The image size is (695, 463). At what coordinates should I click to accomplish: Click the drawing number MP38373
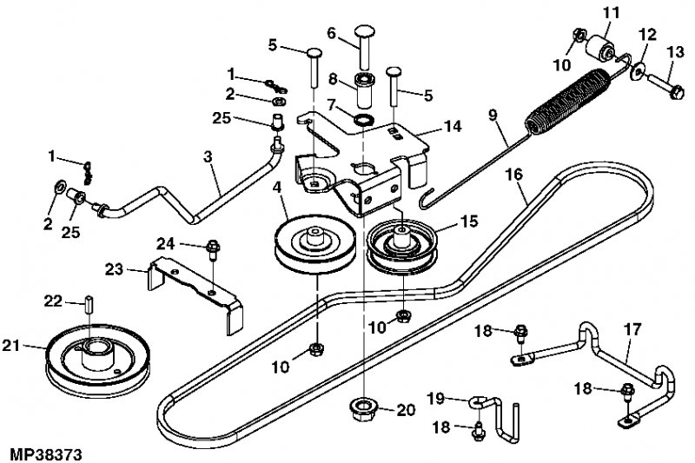click(46, 454)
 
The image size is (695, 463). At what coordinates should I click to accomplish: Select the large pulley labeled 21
click(98, 360)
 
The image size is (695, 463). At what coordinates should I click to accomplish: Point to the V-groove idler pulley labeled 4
click(314, 245)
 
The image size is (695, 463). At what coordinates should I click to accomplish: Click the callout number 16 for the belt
click(514, 175)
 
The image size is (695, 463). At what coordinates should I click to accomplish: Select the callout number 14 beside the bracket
click(452, 126)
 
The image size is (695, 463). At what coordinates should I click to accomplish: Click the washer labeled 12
click(639, 72)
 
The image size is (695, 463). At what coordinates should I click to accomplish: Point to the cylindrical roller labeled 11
click(599, 48)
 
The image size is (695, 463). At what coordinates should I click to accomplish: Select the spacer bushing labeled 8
click(365, 91)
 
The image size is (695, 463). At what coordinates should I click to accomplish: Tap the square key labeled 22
click(89, 303)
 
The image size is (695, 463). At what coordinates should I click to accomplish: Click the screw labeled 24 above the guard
click(213, 250)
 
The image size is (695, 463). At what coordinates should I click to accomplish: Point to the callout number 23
click(114, 269)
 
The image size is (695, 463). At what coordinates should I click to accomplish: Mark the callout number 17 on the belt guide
click(632, 329)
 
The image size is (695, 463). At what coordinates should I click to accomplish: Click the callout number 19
click(435, 399)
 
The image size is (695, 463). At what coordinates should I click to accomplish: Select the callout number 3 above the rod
click(208, 157)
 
